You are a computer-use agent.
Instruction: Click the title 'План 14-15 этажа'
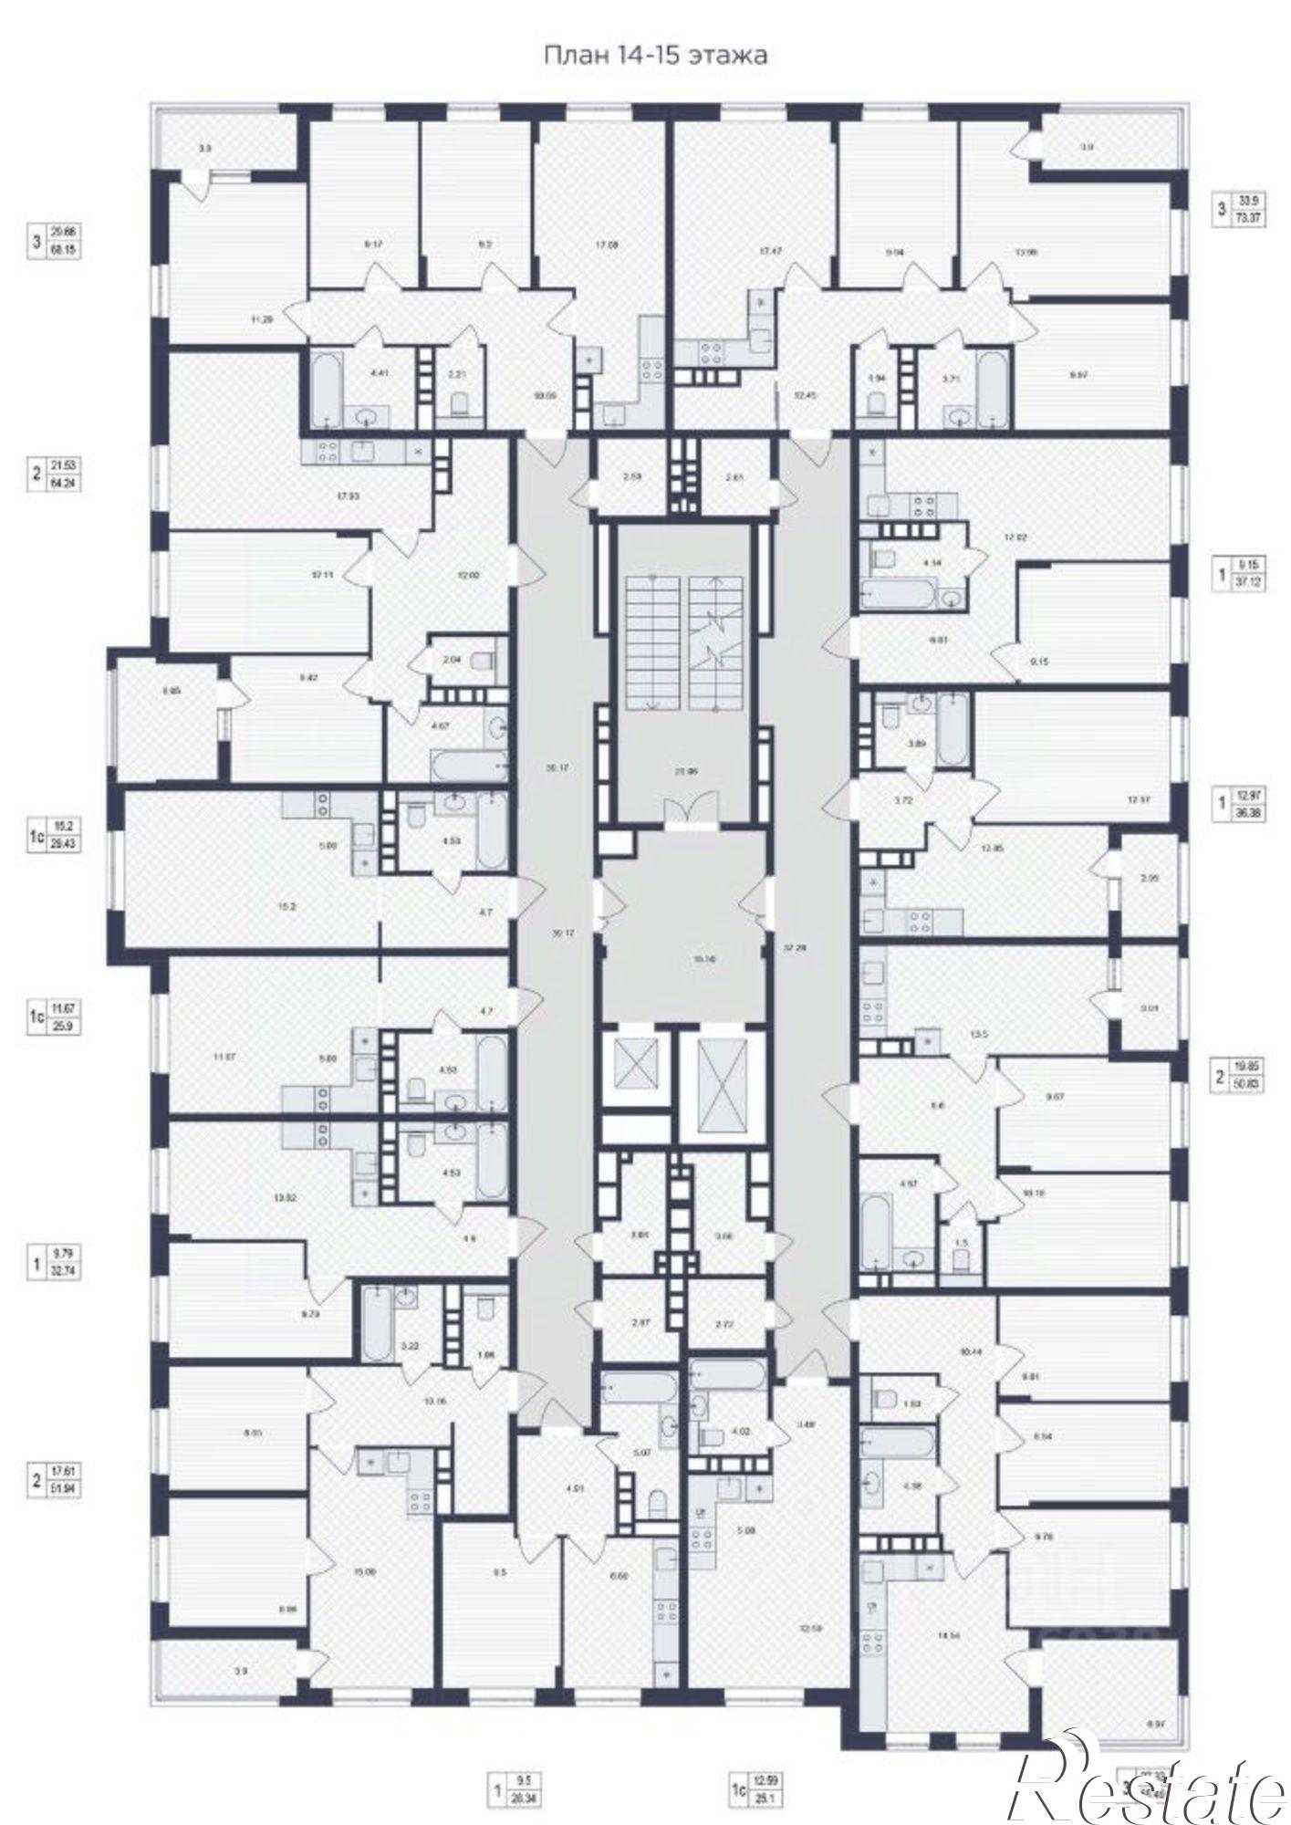pos(655,56)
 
